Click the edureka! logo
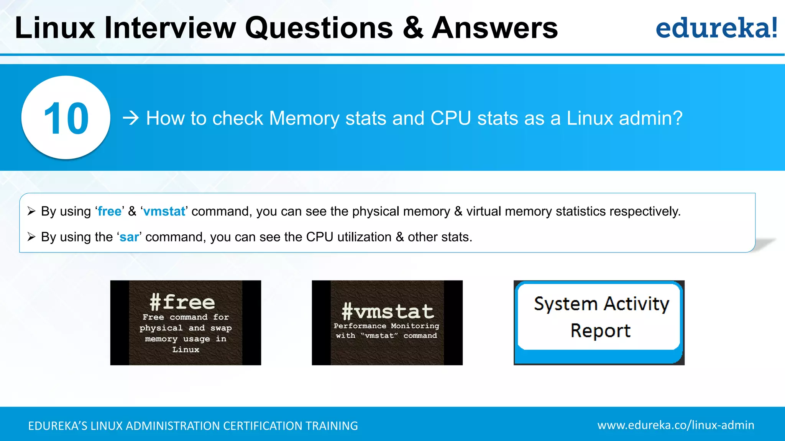(x=716, y=28)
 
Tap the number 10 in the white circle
(x=66, y=118)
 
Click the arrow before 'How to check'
(x=131, y=118)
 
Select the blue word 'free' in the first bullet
(x=110, y=211)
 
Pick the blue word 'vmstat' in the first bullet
(x=164, y=211)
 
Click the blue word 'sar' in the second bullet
(x=129, y=237)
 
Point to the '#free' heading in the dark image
(x=182, y=302)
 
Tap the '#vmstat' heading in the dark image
(x=388, y=311)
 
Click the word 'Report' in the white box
(x=600, y=330)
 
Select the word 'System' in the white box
(x=565, y=304)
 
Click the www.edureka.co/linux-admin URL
(x=676, y=425)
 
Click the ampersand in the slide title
(x=413, y=28)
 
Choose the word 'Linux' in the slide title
(x=55, y=28)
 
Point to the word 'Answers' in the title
(x=494, y=28)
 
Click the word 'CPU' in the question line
(x=451, y=118)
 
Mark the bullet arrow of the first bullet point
(x=31, y=211)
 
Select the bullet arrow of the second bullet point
(x=31, y=237)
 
